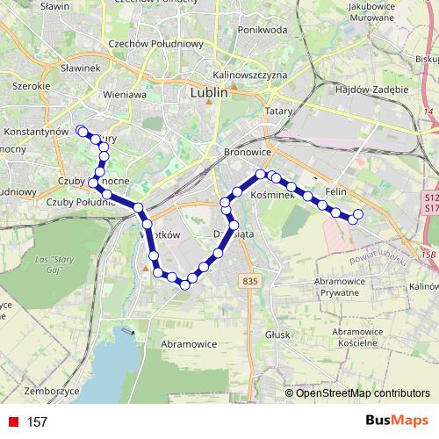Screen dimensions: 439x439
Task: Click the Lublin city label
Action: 209,90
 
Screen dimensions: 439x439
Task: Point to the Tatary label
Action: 279,111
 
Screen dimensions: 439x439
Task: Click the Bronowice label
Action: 237,151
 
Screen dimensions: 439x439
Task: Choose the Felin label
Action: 337,191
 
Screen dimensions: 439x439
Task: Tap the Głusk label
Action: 277,335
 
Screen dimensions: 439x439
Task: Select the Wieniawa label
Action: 123,93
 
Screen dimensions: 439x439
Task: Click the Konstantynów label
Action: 36,131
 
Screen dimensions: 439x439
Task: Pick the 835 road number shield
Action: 250,280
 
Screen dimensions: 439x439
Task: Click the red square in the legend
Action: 11,422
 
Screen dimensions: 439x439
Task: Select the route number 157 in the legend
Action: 37,422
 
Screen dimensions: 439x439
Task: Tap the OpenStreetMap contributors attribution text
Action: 363,392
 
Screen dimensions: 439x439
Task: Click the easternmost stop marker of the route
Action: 357,213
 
